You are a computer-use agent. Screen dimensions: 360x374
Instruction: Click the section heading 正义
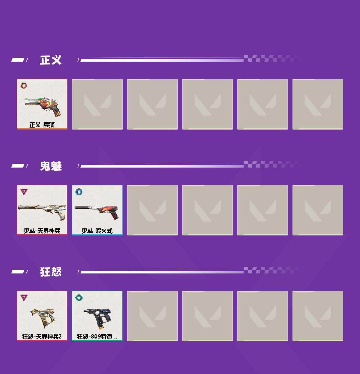(51, 60)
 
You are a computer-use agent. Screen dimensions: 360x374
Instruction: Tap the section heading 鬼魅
(51, 166)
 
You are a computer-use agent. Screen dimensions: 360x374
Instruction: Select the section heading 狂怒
(51, 272)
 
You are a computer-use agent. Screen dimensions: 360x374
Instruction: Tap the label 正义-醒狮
(42, 125)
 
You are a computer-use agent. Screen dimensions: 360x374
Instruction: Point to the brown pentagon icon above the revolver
(24, 86)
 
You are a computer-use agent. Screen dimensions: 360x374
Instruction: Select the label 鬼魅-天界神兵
(42, 231)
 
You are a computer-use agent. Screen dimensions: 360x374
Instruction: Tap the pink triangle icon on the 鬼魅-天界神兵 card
(24, 192)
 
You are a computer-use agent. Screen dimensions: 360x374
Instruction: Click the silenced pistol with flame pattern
(97, 212)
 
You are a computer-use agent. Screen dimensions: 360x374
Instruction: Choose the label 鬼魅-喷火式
(97, 231)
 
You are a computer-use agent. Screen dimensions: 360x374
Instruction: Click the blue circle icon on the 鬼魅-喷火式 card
(79, 192)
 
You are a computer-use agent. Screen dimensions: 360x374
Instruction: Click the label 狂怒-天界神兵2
(42, 337)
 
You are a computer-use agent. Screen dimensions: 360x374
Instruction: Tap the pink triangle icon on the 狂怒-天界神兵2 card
(24, 297)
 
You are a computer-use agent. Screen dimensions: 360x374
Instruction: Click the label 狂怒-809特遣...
(97, 337)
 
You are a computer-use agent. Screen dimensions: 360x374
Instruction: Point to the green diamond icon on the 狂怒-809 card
(79, 298)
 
